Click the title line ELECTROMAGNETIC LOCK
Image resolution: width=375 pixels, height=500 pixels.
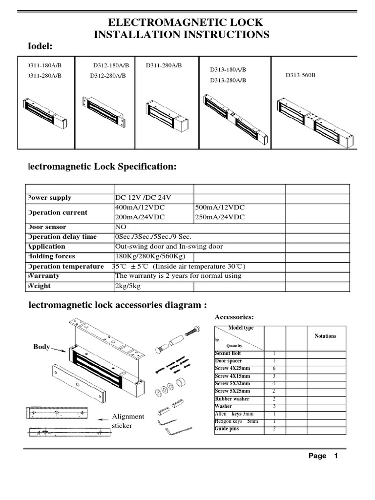[x=185, y=22]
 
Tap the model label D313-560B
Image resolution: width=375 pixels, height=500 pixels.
[x=300, y=75]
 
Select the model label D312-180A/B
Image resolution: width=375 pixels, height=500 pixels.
[x=111, y=65]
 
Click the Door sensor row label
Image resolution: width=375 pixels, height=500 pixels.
[x=48, y=227]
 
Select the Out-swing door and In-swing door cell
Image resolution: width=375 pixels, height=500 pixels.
[x=168, y=247]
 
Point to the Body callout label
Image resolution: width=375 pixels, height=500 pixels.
[x=42, y=347]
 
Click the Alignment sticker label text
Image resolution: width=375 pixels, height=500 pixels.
[x=128, y=421]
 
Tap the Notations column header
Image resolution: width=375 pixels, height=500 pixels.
[x=325, y=336]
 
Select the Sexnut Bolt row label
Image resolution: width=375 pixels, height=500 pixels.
[x=228, y=353]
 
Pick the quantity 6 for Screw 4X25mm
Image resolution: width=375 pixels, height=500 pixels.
[x=274, y=369]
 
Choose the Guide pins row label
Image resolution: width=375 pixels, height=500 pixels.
[x=227, y=429]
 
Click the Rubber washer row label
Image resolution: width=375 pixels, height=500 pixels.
[x=232, y=399]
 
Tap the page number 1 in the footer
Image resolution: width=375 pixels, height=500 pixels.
[x=335, y=456]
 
